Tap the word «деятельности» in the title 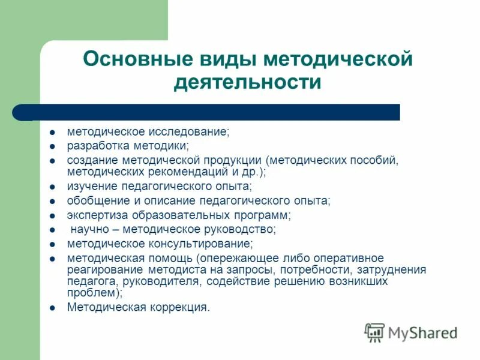247,82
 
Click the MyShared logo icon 375,332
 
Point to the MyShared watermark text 422,332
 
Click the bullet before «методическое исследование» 53,131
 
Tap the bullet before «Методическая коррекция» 53,308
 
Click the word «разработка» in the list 94,145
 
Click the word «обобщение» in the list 94,200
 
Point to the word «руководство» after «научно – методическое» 242,229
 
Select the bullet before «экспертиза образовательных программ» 53,215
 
